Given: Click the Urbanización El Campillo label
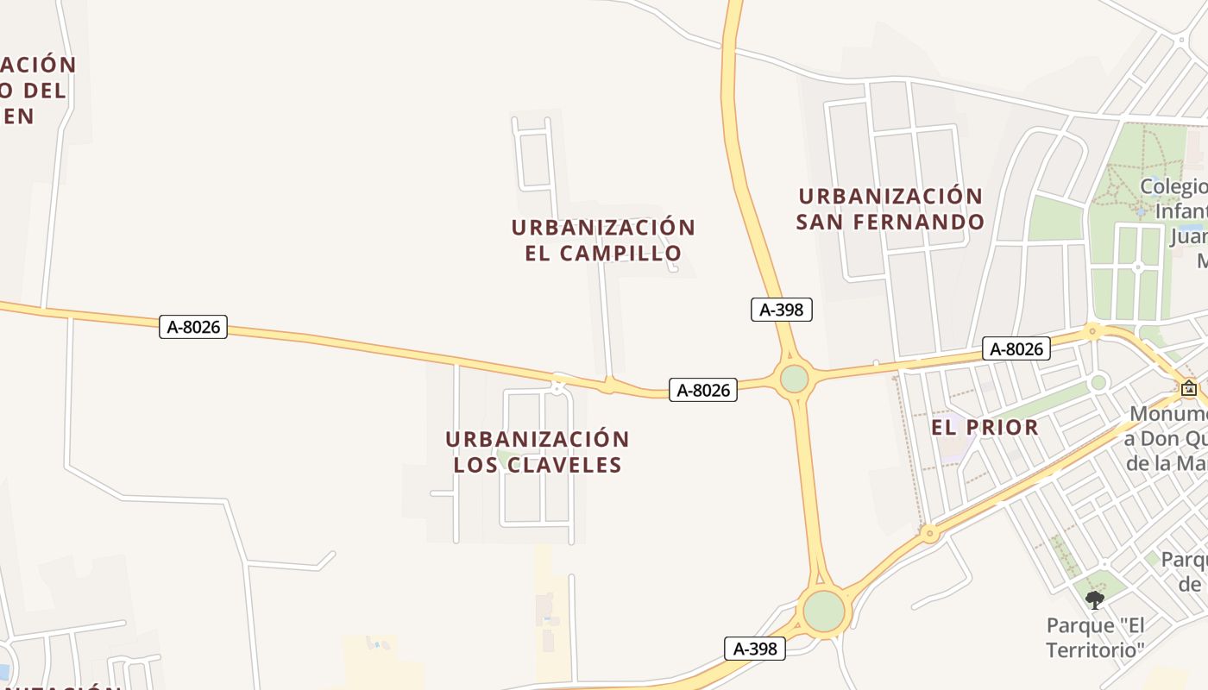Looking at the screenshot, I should click(603, 241).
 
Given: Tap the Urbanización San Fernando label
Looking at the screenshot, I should click(890, 209).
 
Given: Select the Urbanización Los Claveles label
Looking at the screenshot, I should click(538, 452).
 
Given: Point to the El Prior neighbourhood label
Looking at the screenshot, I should click(985, 427).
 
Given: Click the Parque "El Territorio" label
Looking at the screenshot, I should click(1095, 637).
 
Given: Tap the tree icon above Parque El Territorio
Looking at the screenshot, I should click(1095, 599).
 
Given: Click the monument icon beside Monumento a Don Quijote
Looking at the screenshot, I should click(1189, 388).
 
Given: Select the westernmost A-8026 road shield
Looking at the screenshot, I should click(193, 327).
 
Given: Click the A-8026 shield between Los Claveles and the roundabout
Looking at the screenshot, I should click(703, 390).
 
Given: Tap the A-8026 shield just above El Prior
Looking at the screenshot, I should click(1016, 348).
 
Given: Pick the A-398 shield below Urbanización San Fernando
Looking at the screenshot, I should click(782, 310).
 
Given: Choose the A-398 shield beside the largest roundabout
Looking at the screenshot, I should click(755, 649).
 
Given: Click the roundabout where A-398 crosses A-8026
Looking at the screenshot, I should click(794, 379).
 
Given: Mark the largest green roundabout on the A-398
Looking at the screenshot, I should click(824, 611).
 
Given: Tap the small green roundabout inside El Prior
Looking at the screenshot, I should click(1098, 382).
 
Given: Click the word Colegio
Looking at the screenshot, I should click(1173, 186).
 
